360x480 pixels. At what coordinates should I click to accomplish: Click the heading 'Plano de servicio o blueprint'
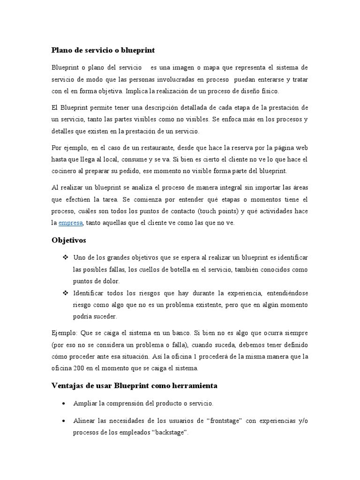[103, 49]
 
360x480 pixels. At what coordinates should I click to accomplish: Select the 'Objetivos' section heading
[69, 240]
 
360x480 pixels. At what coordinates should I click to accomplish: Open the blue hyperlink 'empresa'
[70, 223]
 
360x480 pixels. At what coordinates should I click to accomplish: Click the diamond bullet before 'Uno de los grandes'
[65, 258]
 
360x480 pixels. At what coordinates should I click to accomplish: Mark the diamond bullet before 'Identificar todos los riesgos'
[65, 293]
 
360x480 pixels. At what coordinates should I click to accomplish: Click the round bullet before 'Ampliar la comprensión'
[64, 403]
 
